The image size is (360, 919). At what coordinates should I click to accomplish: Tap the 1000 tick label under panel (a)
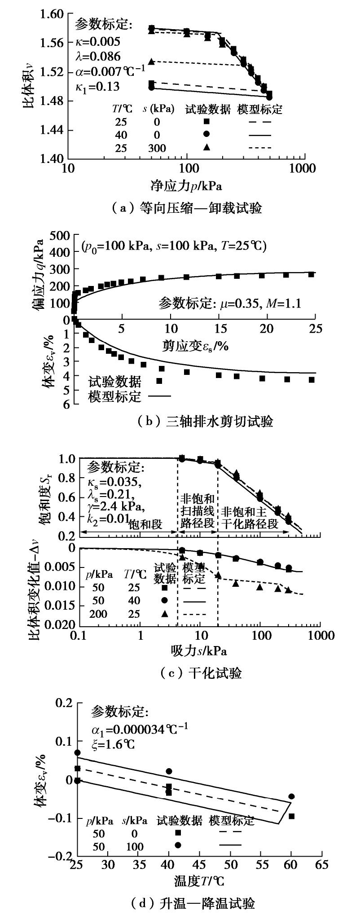(x=303, y=169)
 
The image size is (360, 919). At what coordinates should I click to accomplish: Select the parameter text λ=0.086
(x=98, y=57)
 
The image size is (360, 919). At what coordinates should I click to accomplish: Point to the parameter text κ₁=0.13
(x=97, y=87)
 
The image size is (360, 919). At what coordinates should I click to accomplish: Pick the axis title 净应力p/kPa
(x=186, y=185)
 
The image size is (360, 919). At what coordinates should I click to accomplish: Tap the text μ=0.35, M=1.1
(x=230, y=303)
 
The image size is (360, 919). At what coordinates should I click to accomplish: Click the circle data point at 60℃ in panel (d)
(x=291, y=796)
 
